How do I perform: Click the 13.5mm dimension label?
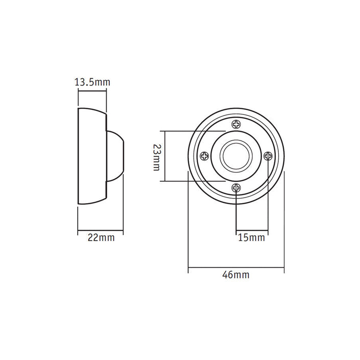coord(92,82)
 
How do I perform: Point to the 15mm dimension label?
coord(251,237)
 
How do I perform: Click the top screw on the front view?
coord(236,124)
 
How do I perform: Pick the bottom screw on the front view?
coord(236,188)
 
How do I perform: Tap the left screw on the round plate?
coord(204,156)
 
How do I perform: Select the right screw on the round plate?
coord(268,156)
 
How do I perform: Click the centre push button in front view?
coord(236,156)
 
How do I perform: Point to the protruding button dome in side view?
coord(115,156)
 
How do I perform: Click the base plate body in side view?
coord(91,156)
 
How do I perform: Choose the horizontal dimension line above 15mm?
coord(251,230)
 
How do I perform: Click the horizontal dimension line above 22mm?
coord(100,230)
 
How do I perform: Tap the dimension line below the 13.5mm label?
coord(92,91)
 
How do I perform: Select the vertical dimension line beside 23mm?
coord(164,156)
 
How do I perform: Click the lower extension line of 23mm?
coord(194,181)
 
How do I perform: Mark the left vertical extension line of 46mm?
coord(188,225)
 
